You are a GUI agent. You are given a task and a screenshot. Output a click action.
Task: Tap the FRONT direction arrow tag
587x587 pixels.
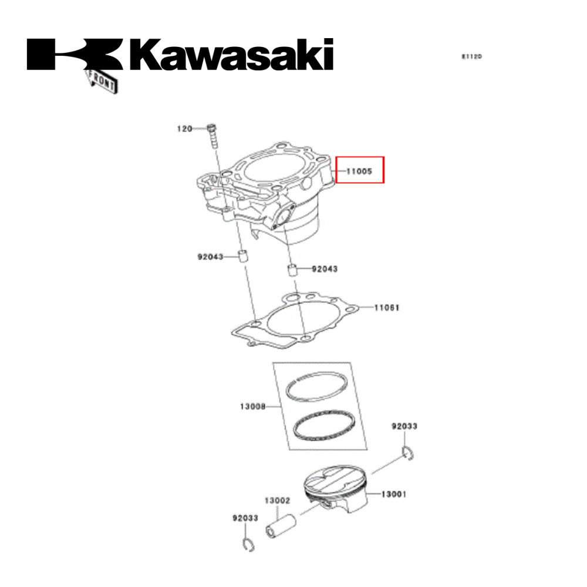(x=103, y=80)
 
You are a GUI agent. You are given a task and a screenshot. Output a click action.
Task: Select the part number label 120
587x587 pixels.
(x=185, y=129)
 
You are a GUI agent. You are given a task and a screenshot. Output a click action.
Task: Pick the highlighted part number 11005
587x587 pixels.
(x=358, y=171)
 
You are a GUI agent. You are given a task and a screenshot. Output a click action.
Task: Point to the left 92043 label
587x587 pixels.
(x=210, y=257)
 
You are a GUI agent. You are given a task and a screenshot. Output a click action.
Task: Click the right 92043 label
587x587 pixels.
(x=324, y=269)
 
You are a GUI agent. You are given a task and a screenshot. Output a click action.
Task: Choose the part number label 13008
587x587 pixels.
(x=252, y=406)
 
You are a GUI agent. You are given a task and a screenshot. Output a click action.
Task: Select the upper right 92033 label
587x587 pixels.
(x=404, y=426)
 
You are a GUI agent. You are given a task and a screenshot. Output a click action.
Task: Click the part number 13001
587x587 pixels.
(x=393, y=494)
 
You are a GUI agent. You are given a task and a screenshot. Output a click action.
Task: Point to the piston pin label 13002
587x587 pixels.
(x=276, y=501)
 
